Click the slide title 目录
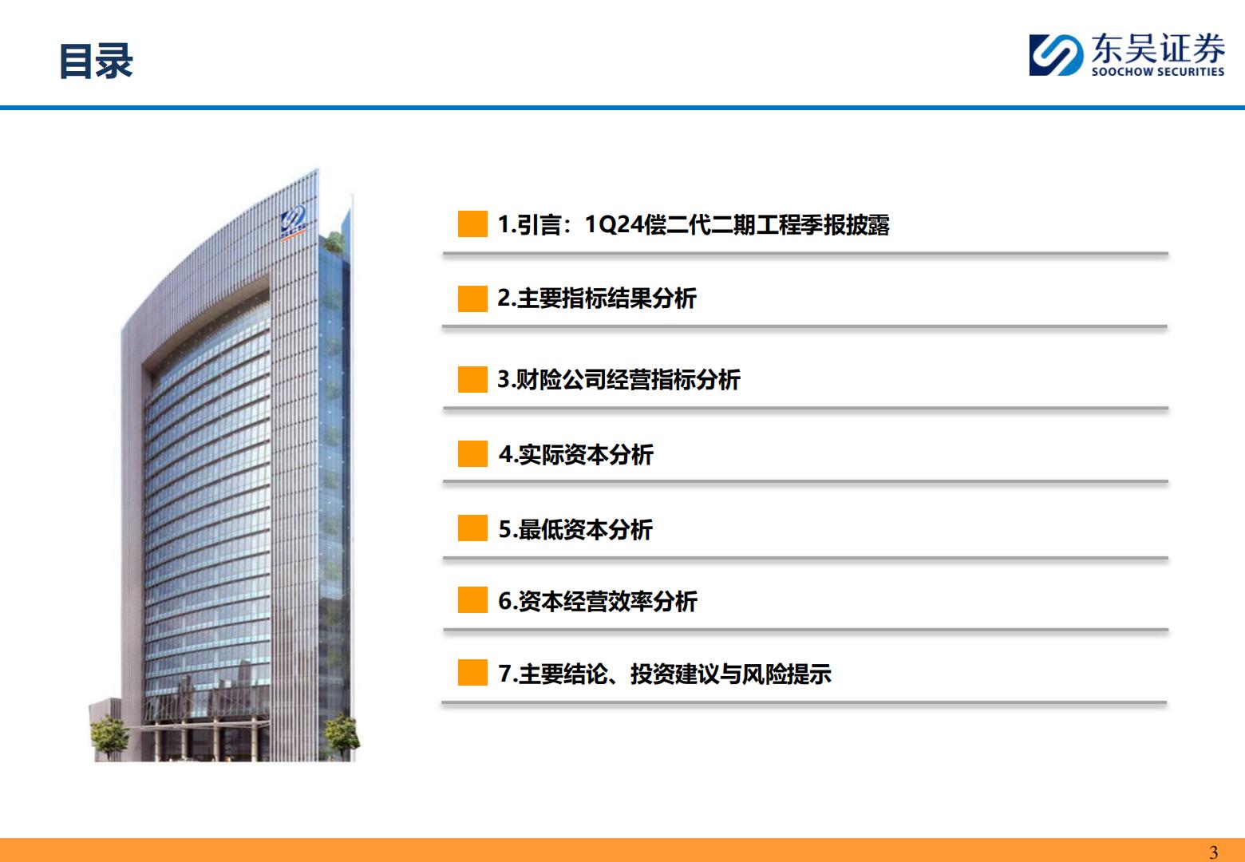[96, 61]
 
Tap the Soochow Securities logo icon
[1056, 55]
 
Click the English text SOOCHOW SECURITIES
[1158, 71]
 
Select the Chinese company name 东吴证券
[1158, 48]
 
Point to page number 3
[1214, 852]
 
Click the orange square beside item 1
[472, 224]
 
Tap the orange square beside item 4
[472, 453]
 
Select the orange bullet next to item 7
[472, 673]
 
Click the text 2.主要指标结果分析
[597, 299]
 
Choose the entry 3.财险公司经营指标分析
[619, 380]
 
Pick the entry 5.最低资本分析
[575, 529]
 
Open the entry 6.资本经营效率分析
[598, 601]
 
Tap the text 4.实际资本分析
[576, 454]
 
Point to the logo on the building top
[293, 222]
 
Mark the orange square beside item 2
[472, 299]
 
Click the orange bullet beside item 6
[472, 599]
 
